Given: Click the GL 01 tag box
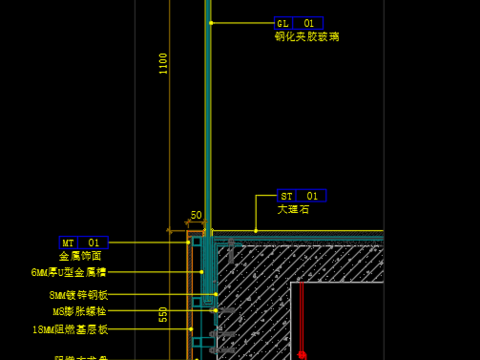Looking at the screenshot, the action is point(299,23).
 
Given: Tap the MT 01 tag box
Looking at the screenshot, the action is point(83,242).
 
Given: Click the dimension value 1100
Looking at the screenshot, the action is point(163,63).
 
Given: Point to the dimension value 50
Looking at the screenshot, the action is point(196,215).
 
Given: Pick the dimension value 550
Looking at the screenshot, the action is point(163,314).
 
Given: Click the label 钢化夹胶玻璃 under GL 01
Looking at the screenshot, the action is point(307,37).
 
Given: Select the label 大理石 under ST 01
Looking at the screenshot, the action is point(294,210).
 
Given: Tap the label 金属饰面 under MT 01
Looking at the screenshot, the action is point(80,256).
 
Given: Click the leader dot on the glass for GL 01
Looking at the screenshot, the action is point(211,23).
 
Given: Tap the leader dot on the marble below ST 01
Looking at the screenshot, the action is point(256,231).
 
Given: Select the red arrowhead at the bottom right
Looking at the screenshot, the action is point(301,353).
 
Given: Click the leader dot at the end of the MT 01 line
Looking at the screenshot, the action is point(188,242).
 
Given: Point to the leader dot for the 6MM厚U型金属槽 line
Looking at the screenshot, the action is point(202,272).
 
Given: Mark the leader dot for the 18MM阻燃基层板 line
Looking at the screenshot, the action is point(191,329).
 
